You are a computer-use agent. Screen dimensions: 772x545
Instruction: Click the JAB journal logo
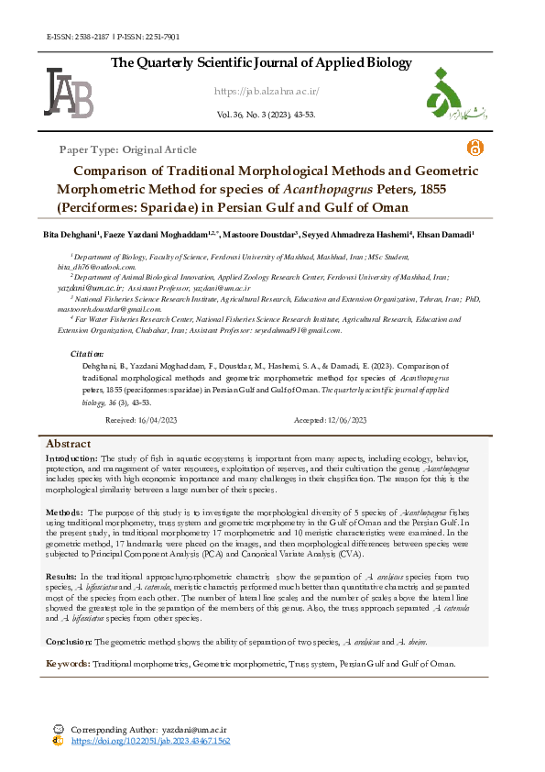click(x=68, y=92)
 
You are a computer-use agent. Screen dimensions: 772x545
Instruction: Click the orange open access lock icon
click(x=474, y=148)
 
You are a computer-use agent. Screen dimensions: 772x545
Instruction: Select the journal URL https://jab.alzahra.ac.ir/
click(x=267, y=91)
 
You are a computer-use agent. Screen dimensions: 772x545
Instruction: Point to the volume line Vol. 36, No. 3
click(x=266, y=115)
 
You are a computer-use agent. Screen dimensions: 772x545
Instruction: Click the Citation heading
click(x=87, y=353)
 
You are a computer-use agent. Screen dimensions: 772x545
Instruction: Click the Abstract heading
click(x=69, y=444)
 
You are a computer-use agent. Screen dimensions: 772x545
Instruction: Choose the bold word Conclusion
click(x=70, y=642)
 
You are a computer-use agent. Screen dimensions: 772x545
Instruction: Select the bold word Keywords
click(x=69, y=663)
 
